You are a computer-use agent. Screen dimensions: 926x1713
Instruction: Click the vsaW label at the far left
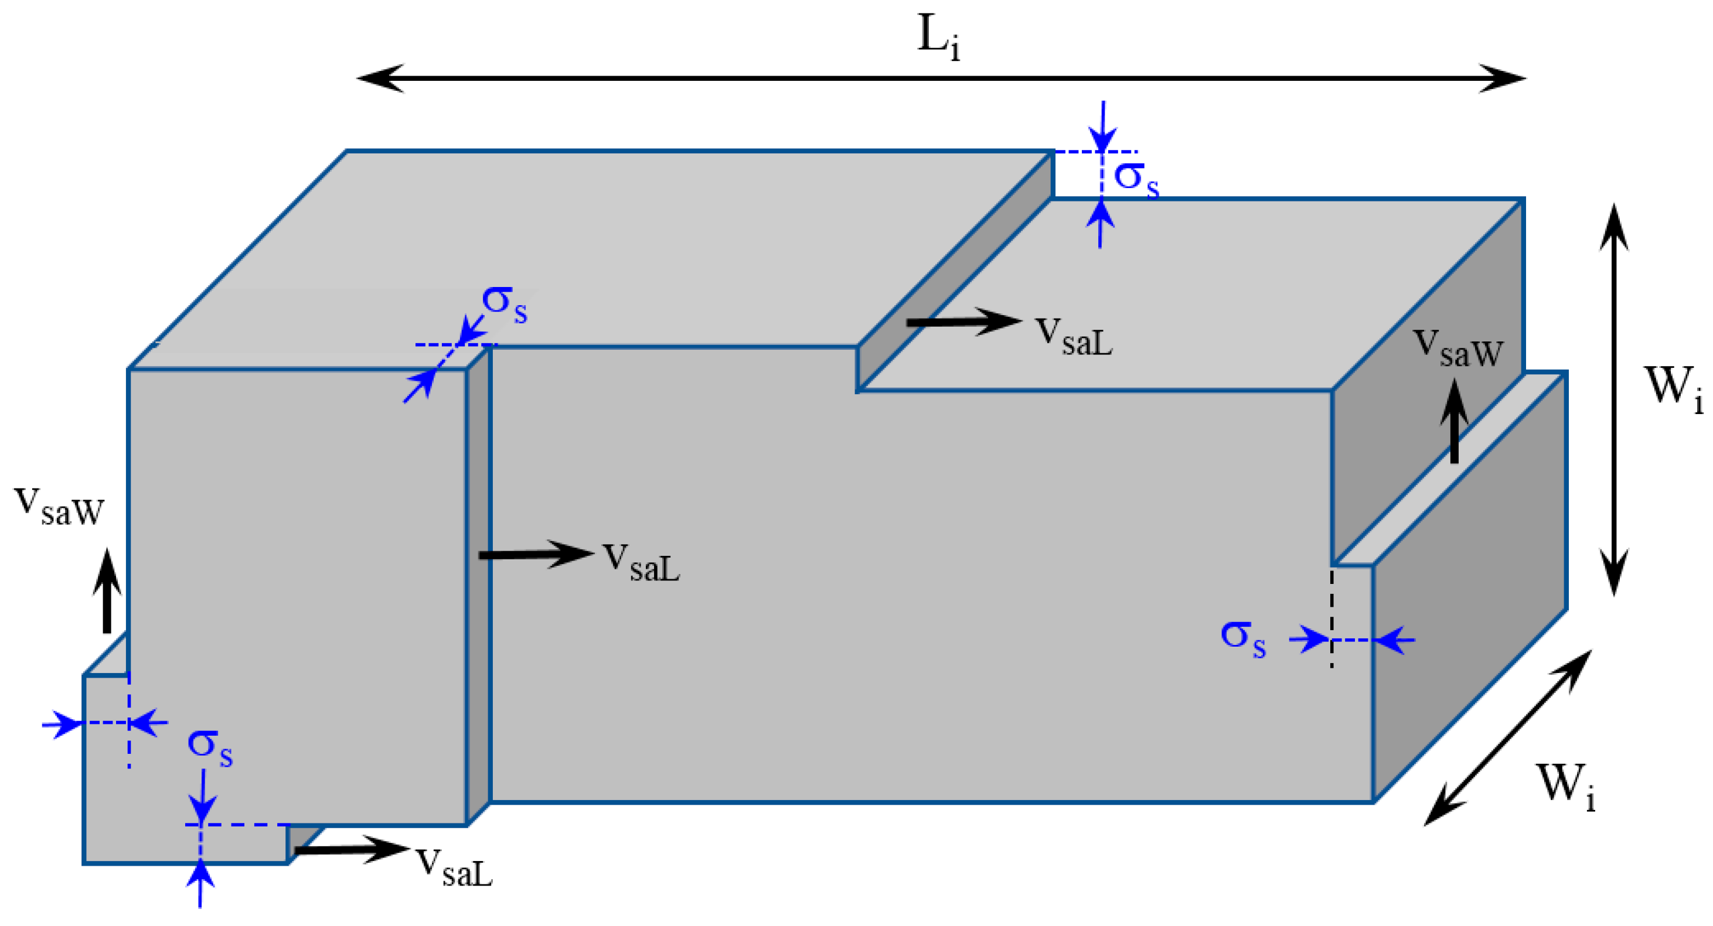59,507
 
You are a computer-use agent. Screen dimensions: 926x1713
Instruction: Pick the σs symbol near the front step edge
504,304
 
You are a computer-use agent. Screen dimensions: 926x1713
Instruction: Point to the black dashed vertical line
1331,615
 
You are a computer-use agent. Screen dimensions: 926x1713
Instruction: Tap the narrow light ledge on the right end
1450,469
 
